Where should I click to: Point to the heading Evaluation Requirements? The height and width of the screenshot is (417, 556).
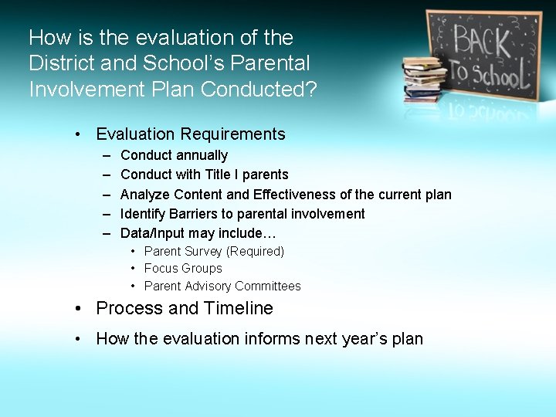[190, 134]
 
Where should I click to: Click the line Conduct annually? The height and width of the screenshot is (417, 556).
[174, 155]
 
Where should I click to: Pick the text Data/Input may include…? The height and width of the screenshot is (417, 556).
[198, 233]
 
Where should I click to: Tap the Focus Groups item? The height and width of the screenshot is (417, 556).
[183, 269]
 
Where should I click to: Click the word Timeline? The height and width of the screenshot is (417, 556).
[238, 308]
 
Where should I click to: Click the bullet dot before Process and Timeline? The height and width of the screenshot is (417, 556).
[80, 309]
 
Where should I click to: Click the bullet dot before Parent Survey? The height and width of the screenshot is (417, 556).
[134, 252]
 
